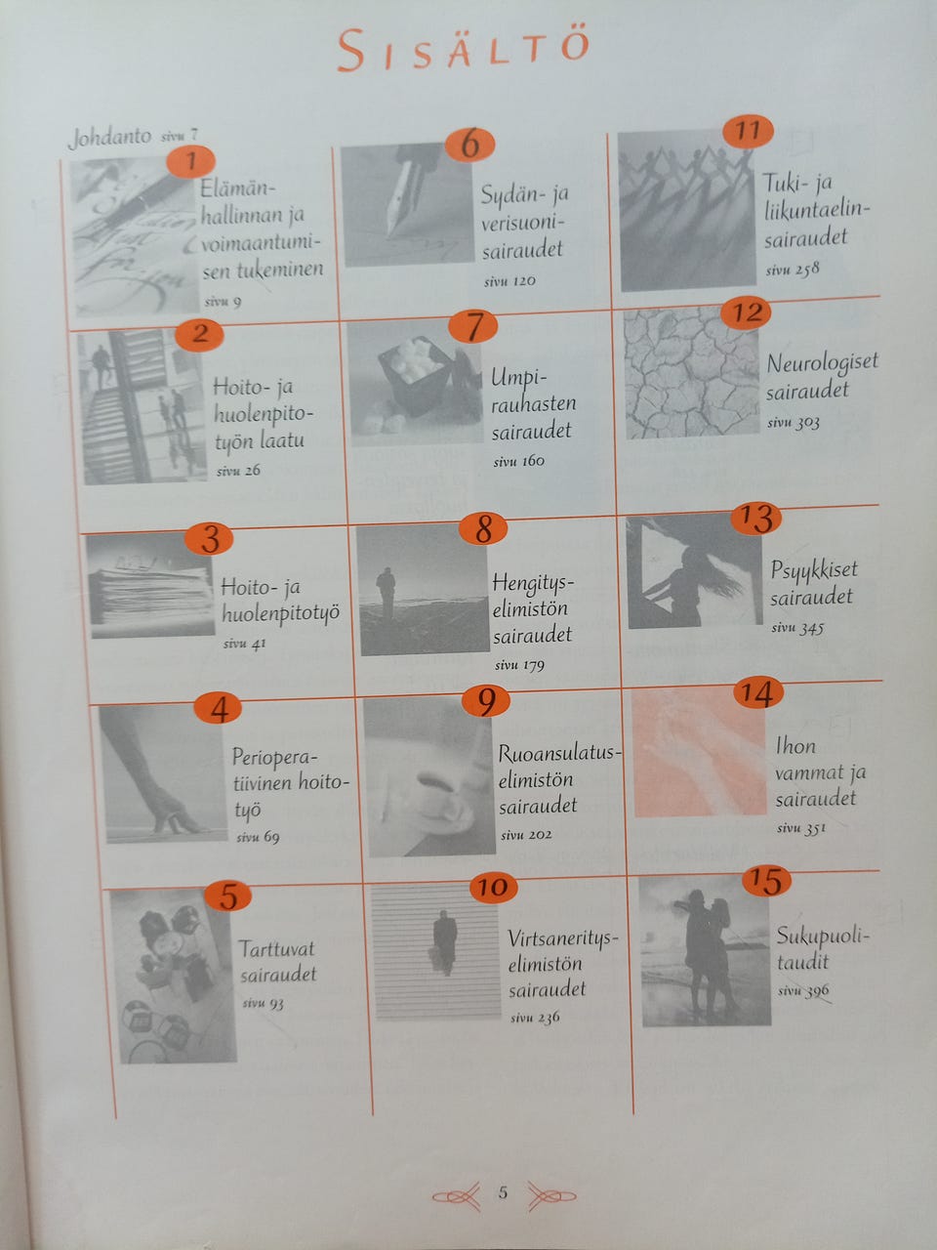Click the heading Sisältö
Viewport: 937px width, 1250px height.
pos(463,50)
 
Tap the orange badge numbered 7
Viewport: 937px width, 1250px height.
pos(472,326)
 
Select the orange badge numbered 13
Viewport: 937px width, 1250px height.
pos(756,519)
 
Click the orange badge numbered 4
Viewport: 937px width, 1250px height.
pos(218,708)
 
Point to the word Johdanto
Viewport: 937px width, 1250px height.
pos(109,138)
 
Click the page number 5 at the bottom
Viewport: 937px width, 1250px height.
pos(503,1192)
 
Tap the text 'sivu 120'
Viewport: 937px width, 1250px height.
pos(509,280)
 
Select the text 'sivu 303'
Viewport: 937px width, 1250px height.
pos(794,423)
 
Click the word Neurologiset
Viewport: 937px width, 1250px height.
pos(823,363)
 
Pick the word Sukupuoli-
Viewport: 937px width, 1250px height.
pos(823,936)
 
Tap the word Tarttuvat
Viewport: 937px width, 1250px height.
pos(276,949)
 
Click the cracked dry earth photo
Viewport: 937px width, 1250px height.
pos(692,373)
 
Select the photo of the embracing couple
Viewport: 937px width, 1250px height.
pos(705,951)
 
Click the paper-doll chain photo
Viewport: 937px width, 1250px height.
pos(687,211)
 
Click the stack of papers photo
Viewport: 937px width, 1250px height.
pos(151,585)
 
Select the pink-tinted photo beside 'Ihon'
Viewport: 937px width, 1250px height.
pos(699,751)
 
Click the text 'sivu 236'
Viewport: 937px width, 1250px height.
pos(535,1017)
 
